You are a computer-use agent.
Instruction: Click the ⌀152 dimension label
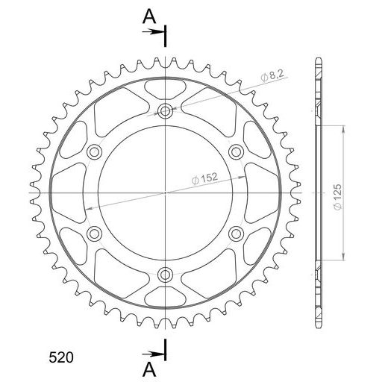205,178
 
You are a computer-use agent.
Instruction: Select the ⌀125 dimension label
337,197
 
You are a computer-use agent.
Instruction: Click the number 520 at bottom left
61,357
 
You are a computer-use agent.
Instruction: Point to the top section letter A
149,16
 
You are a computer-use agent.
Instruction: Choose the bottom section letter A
149,369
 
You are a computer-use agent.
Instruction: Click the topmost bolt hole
165,111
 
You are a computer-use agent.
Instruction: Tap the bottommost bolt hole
165,275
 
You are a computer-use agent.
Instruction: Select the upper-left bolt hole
94,151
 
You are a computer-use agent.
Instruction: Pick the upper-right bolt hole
236,151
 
